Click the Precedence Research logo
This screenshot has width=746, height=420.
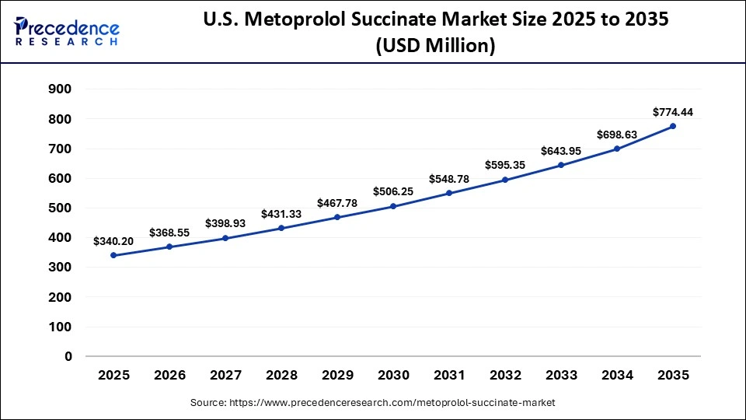click(67, 31)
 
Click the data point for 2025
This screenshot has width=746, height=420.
click(113, 255)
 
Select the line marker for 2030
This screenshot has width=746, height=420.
click(393, 206)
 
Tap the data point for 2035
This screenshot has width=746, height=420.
click(673, 126)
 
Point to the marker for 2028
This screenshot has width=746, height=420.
click(281, 228)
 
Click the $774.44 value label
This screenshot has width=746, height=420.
click(673, 111)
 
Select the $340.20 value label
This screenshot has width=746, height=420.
click(113, 241)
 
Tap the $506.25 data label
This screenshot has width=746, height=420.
click(393, 191)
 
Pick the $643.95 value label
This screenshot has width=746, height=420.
click(561, 150)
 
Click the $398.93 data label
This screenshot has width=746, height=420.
click(225, 223)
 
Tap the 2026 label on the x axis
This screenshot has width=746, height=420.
click(169, 375)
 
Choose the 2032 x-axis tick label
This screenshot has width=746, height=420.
click(505, 375)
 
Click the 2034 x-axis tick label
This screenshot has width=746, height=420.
click(617, 375)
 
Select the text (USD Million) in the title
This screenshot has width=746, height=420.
click(435, 47)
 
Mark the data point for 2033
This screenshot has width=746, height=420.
click(561, 165)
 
